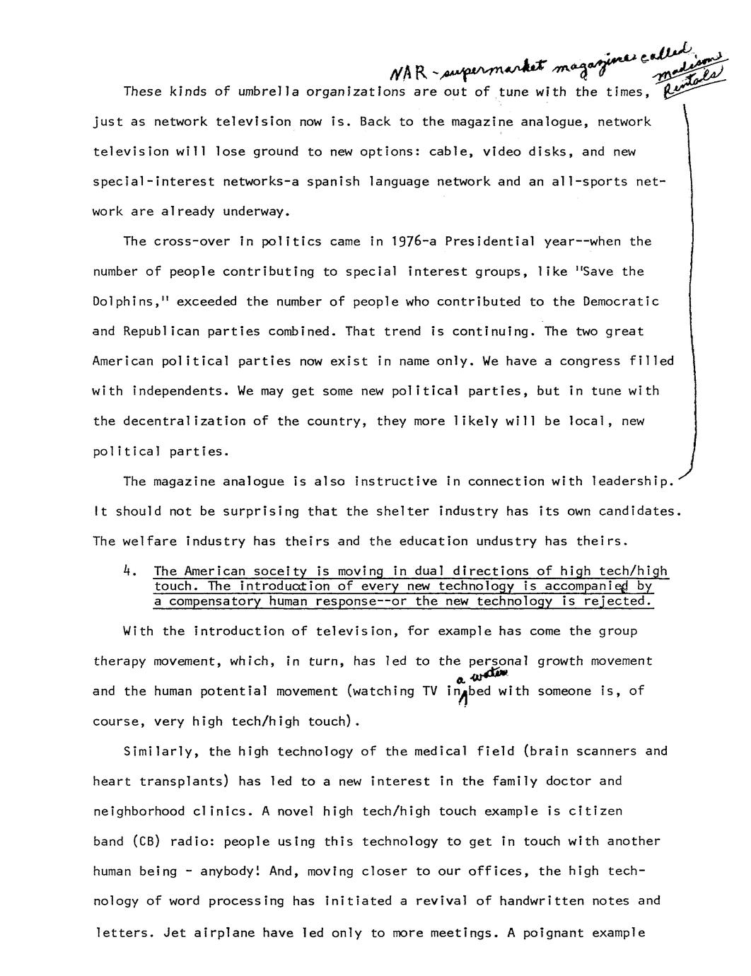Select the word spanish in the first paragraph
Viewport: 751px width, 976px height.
[x=330, y=182]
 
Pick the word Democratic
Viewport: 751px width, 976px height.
[x=621, y=302]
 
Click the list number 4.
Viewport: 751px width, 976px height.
[x=129, y=571]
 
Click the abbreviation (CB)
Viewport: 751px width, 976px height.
[x=147, y=842]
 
